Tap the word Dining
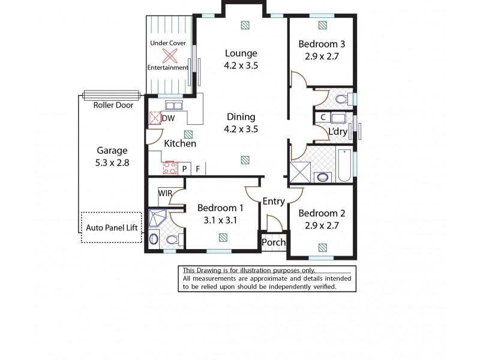(241, 117)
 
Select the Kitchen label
(180, 144)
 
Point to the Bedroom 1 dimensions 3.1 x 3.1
(220, 220)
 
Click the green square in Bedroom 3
(323, 25)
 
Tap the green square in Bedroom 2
(323, 247)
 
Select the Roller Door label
(112, 104)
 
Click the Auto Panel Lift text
(112, 229)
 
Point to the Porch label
(274, 242)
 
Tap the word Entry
(274, 202)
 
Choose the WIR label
(166, 193)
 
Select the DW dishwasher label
(169, 118)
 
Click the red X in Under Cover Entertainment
(170, 56)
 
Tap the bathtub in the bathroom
(344, 166)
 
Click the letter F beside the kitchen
(197, 169)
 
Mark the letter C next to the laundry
(323, 117)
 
